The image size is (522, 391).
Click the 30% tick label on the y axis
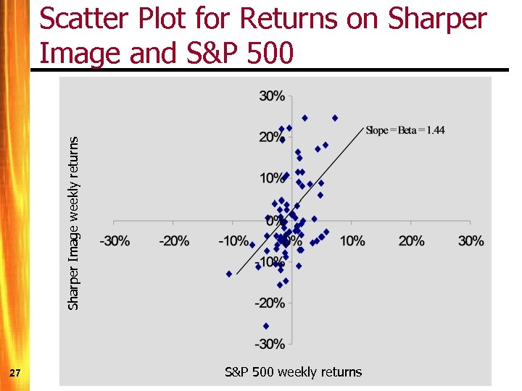[x=272, y=96]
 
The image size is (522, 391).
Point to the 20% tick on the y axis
[x=272, y=137]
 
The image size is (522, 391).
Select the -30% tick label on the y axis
[x=270, y=343]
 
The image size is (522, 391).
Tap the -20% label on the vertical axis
[x=270, y=303]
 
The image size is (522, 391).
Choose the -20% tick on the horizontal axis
[x=174, y=240]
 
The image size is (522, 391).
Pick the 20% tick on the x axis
[x=411, y=240]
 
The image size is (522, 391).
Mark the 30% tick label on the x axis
[x=471, y=240]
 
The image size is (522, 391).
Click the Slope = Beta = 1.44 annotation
[x=405, y=130]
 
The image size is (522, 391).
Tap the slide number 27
[x=15, y=372]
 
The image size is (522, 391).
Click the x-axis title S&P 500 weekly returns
[x=293, y=372]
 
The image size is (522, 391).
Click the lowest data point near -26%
[x=266, y=326]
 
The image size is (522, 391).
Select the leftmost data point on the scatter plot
[x=229, y=274]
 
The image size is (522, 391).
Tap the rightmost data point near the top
[x=335, y=117]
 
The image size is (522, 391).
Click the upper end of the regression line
[x=362, y=128]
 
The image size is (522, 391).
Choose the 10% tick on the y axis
[x=272, y=178]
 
